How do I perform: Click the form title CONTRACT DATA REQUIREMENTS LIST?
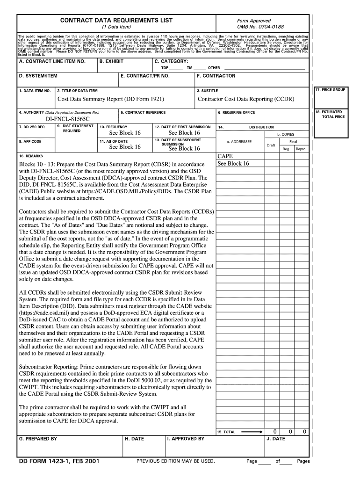116,21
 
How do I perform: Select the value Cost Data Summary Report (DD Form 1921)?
111,99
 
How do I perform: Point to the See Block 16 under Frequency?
125,133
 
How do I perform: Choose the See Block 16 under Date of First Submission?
184,133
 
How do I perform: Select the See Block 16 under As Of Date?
125,147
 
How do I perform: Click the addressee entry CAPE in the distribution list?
225,156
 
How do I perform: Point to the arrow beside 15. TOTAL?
252,432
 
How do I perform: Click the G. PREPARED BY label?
38,439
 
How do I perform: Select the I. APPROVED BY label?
186,439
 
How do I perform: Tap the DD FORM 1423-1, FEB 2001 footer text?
58,461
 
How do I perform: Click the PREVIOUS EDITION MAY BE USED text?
176,461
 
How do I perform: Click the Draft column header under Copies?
271,145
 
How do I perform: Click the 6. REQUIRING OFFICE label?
237,113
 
